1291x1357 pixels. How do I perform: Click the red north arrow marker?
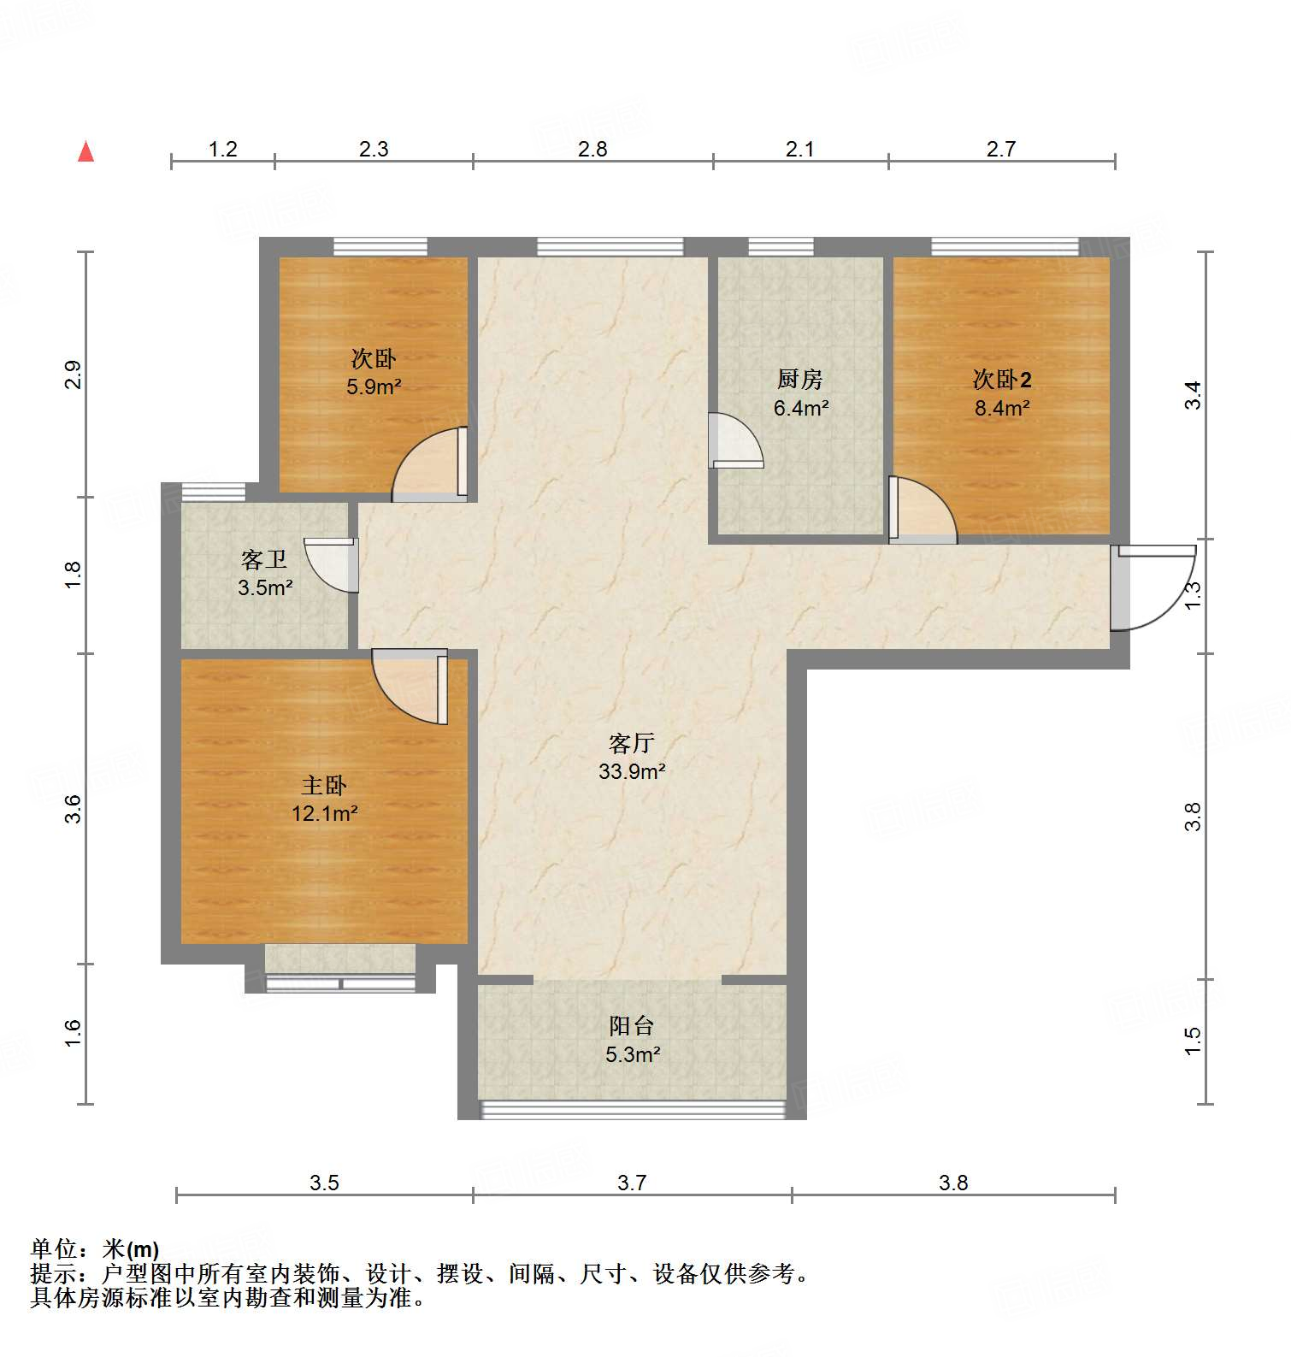pyautogui.click(x=85, y=152)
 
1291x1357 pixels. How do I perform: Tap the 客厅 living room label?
pyautogui.click(x=632, y=742)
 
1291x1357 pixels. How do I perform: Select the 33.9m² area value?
pyautogui.click(x=632, y=771)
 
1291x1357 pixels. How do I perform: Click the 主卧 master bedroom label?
pyautogui.click(x=324, y=785)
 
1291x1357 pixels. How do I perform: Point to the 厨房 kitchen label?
pyautogui.click(x=800, y=379)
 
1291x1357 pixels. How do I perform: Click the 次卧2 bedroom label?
pyautogui.click(x=1002, y=379)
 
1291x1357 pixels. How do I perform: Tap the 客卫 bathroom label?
pyautogui.click(x=264, y=560)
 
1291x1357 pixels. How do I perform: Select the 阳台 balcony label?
pyautogui.click(x=632, y=1025)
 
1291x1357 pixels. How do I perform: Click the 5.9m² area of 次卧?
pyautogui.click(x=374, y=386)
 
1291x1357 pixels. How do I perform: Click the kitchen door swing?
pyautogui.click(x=736, y=441)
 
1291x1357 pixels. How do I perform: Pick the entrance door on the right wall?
pyautogui.click(x=1150, y=588)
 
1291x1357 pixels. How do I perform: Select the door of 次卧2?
pyautogui.click(x=922, y=511)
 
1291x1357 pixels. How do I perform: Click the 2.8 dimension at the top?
pyautogui.click(x=592, y=149)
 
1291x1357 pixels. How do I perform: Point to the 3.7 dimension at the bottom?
pyautogui.click(x=632, y=1183)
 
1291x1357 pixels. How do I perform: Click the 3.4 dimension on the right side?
pyautogui.click(x=1193, y=395)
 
